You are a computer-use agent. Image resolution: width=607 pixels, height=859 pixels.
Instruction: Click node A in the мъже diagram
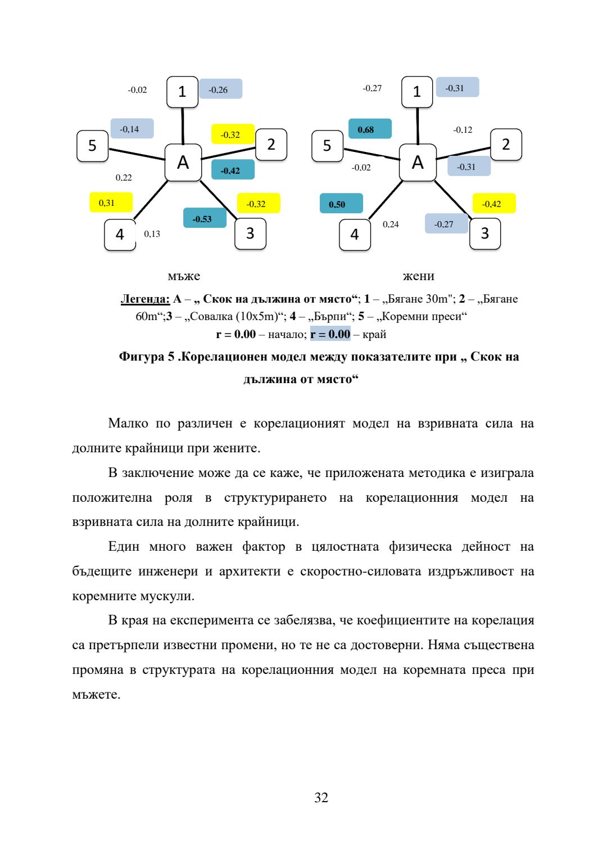pos(183,163)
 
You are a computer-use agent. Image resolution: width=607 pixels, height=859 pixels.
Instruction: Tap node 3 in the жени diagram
pos(485,233)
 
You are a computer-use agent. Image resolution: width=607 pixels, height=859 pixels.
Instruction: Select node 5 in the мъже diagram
pos(92,146)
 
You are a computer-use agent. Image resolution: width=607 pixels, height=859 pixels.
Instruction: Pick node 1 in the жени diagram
pos(417,92)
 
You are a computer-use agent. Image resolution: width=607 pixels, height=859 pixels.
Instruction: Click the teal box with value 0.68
pos(370,129)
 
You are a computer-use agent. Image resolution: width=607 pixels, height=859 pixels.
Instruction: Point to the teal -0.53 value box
pos(205,218)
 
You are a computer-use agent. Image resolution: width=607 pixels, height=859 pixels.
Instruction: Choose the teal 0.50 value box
pos(341,204)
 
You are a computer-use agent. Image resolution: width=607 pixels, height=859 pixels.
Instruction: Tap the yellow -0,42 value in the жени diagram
pos(493,204)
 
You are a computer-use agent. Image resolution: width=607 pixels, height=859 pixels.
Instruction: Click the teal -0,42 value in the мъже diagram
pos(233,170)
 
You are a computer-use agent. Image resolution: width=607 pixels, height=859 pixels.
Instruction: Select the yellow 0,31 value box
pos(111,203)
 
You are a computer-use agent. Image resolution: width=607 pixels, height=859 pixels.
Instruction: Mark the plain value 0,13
pos(152,234)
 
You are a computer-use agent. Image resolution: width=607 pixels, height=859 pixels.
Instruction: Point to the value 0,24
pos(391,224)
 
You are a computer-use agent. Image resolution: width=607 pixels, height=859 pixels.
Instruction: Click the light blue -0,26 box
pos(220,89)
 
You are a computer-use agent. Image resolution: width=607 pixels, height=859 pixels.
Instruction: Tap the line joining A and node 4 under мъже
pos(151,200)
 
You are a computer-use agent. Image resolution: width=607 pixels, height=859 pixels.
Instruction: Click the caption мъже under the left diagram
pos(184,276)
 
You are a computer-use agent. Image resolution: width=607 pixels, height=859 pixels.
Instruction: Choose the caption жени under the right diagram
pos(418,276)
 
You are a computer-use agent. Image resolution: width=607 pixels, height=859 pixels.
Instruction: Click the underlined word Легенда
pos(145,299)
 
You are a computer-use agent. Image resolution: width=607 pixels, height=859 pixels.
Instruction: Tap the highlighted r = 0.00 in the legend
pos(330,334)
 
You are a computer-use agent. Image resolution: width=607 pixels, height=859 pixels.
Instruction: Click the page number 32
pos(321,798)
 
